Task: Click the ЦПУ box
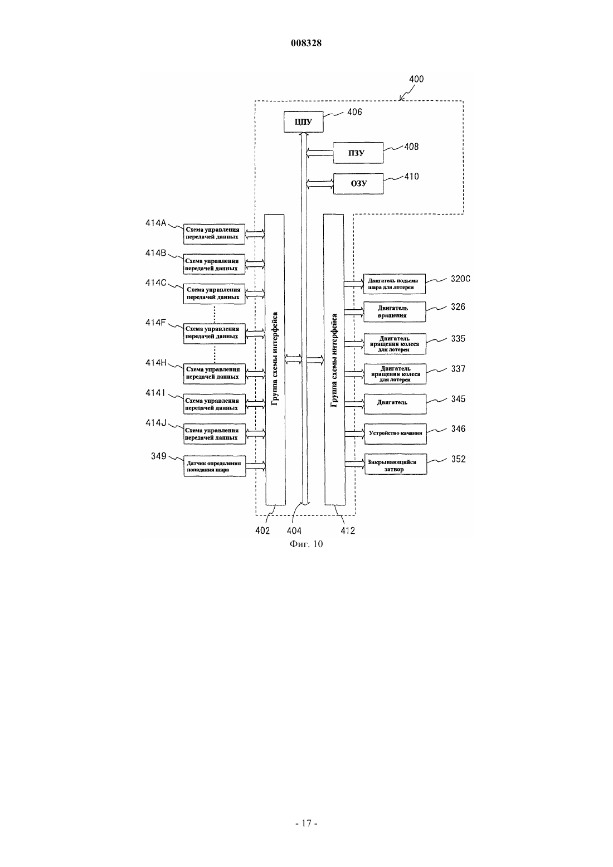click(x=303, y=122)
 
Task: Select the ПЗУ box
click(x=358, y=153)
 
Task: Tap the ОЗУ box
click(x=358, y=183)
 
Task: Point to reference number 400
click(x=416, y=79)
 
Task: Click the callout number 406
click(x=354, y=112)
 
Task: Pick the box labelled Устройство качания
click(x=396, y=433)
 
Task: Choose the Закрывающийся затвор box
click(x=396, y=464)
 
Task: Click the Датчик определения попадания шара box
click(x=215, y=466)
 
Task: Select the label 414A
click(x=155, y=223)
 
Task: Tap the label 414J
click(x=155, y=423)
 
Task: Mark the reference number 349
click(x=158, y=456)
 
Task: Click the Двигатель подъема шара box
click(x=395, y=284)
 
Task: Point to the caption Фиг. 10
click(x=306, y=544)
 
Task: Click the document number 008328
click(x=306, y=43)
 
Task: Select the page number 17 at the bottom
click(x=306, y=834)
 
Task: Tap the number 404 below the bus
click(x=294, y=530)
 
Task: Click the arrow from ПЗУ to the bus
click(x=320, y=153)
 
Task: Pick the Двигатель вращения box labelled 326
click(x=395, y=312)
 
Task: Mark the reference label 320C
click(x=460, y=279)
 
